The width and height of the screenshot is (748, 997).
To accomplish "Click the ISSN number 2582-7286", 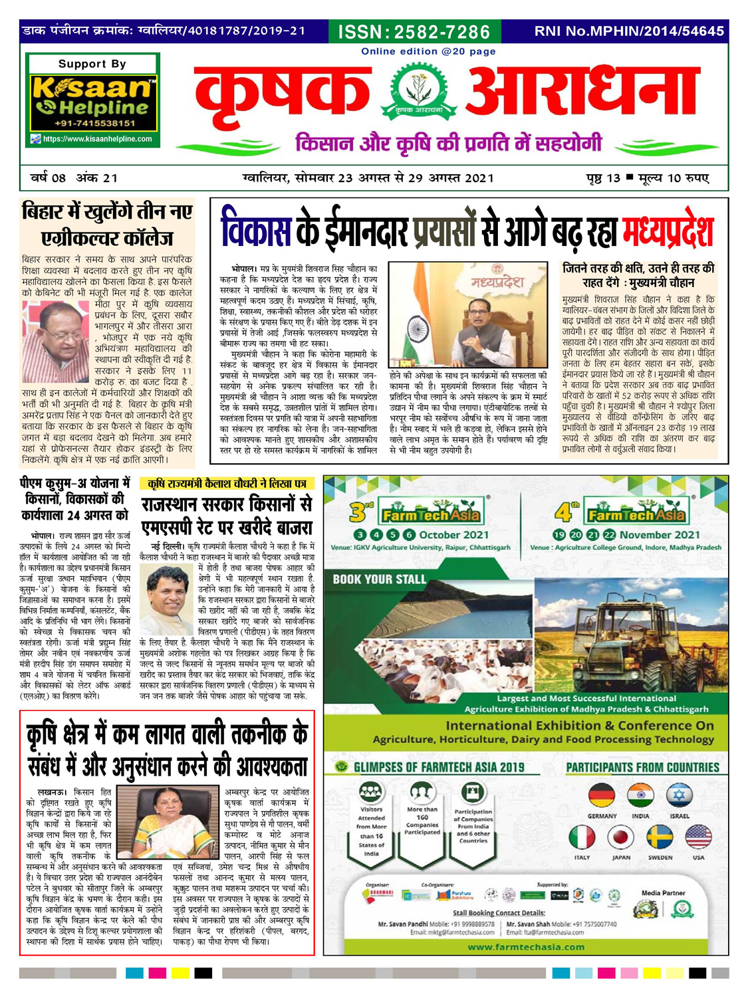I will [x=414, y=32].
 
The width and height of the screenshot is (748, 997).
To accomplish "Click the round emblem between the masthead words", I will [x=418, y=94].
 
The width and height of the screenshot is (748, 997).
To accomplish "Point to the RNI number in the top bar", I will [x=628, y=31].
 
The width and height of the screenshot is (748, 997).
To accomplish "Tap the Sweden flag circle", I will [x=660, y=837].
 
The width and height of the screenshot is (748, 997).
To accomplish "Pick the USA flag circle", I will [x=698, y=837].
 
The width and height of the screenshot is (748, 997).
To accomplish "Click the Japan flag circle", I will [x=621, y=837].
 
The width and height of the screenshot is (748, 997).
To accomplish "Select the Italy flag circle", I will [x=582, y=837].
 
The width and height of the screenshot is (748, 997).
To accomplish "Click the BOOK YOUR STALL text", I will [x=379, y=580].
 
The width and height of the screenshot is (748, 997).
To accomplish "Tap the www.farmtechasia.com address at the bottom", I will [x=525, y=947].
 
